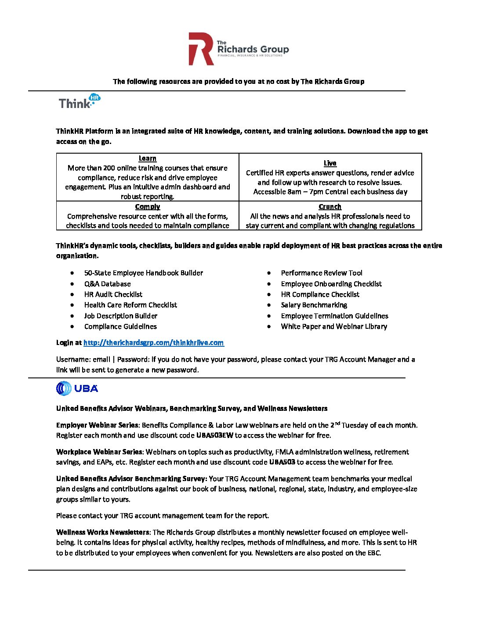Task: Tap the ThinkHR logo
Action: pyautogui.click(x=80, y=102)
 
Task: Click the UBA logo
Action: pyautogui.click(x=77, y=388)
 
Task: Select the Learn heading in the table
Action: pyautogui.click(x=148, y=158)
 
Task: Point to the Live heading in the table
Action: pyautogui.click(x=330, y=163)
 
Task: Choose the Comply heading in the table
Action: pyautogui.click(x=148, y=207)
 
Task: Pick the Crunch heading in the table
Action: pyautogui.click(x=330, y=207)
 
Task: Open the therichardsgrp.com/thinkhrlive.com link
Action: pyautogui.click(x=153, y=343)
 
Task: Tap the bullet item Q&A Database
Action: pyautogui.click(x=108, y=284)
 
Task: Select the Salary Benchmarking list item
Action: pyautogui.click(x=314, y=305)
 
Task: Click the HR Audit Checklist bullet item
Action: pyautogui.click(x=113, y=295)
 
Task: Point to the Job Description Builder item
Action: pyautogui.click(x=121, y=316)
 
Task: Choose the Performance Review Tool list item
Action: pyautogui.click(x=322, y=273)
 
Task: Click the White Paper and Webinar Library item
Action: pyautogui.click(x=334, y=327)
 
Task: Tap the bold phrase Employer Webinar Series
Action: pyautogui.click(x=97, y=425)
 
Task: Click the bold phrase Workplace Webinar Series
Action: pyautogui.click(x=99, y=452)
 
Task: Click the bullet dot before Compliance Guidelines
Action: pyautogui.click(x=72, y=327)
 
